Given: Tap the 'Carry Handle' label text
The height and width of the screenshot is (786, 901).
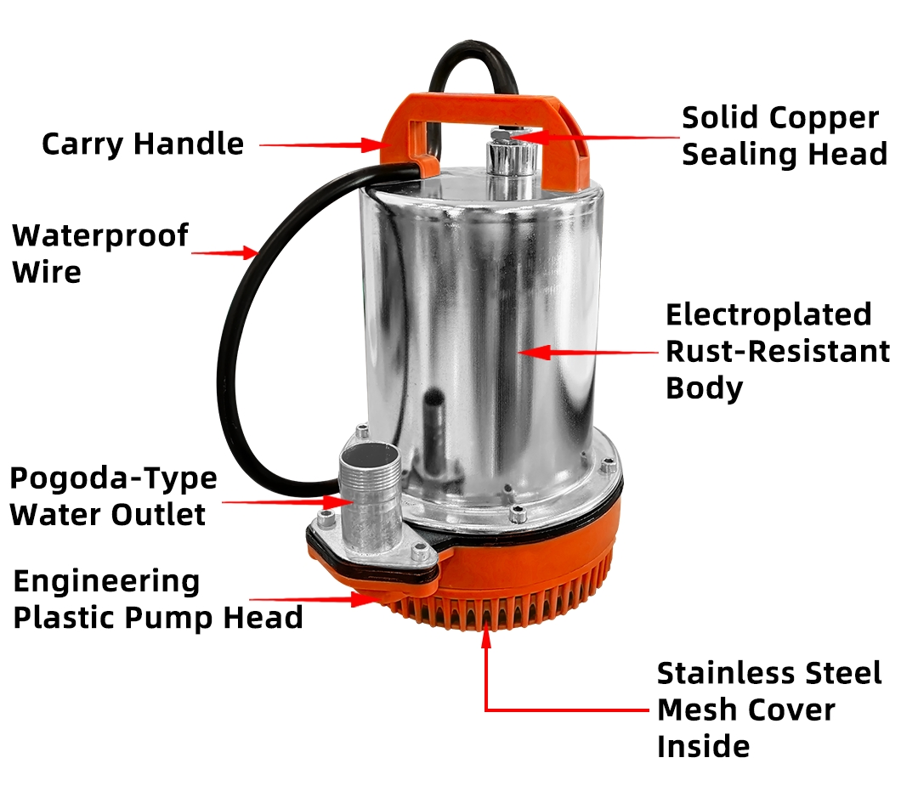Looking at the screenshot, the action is (143, 144).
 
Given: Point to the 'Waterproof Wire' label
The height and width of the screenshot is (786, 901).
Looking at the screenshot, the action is (100, 253).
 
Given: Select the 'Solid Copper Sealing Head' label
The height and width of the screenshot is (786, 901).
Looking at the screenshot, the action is (785, 136).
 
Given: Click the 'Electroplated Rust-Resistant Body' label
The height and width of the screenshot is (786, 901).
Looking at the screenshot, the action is (778, 351).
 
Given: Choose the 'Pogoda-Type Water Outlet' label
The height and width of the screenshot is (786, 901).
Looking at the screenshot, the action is (113, 496).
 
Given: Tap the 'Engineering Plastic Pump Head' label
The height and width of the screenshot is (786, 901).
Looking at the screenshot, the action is (157, 599).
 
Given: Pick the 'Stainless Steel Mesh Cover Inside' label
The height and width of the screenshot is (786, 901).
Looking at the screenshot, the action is (769, 710).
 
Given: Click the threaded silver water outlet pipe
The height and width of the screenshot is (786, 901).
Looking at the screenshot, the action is (369, 497).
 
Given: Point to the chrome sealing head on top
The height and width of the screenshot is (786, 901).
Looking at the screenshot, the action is (512, 164).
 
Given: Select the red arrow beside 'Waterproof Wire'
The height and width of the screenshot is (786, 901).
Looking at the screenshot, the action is (224, 252).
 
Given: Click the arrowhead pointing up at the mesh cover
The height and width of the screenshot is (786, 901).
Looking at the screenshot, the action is (486, 637).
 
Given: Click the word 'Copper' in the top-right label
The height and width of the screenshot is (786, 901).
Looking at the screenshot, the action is (824, 119).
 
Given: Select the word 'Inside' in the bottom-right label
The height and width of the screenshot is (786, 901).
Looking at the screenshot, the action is (703, 746).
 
